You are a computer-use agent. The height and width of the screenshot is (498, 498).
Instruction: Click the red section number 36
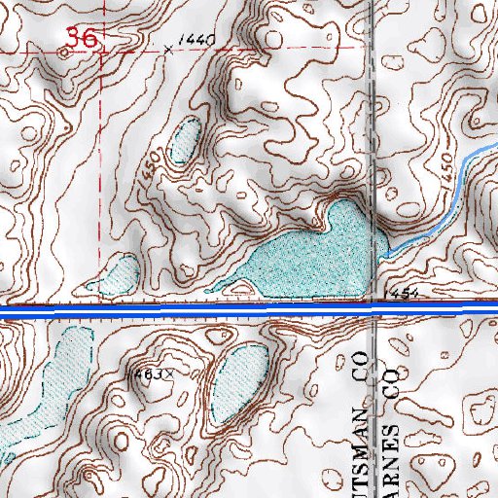pos(81,39)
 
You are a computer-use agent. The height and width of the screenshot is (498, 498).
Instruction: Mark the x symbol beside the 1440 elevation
pos(169,48)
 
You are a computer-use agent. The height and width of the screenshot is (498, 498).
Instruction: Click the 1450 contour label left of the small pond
pos(148,162)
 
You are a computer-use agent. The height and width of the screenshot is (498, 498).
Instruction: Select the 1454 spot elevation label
pos(401,292)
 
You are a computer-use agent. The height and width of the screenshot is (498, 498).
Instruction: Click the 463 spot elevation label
pos(151,373)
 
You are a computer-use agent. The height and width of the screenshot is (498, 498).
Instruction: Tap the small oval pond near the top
pos(184,140)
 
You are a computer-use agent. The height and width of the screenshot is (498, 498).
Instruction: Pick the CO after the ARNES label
pos(394,381)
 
